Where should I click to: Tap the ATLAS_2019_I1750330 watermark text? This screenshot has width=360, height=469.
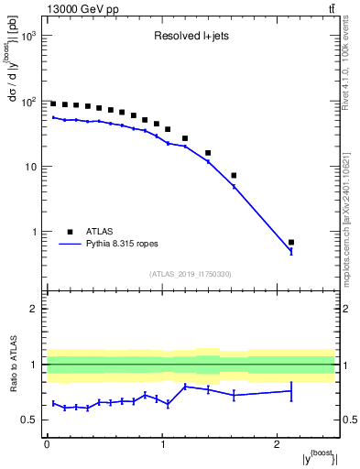click(x=191, y=274)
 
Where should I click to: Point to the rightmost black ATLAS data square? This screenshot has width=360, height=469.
click(x=291, y=243)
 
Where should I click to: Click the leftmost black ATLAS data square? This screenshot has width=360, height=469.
click(x=53, y=104)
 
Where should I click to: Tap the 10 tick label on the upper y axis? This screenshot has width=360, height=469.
click(x=32, y=167)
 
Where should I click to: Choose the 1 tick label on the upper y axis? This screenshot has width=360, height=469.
click(x=35, y=232)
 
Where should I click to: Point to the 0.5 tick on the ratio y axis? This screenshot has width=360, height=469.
click(x=31, y=420)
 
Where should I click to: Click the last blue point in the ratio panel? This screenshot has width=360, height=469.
click(x=291, y=391)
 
